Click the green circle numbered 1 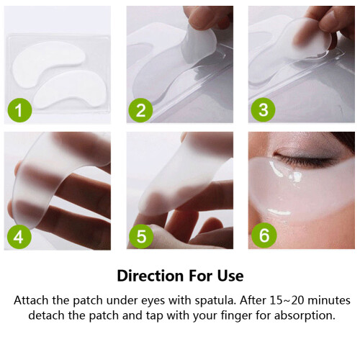(x=19, y=110)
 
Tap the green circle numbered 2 (x=141, y=110)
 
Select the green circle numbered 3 (x=263, y=109)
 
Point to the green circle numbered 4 (x=19, y=237)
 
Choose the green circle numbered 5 (x=141, y=236)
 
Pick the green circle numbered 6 (x=264, y=235)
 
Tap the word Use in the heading (x=230, y=276)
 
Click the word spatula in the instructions (x=215, y=301)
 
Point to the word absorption (x=305, y=316)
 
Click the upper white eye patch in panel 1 (x=48, y=63)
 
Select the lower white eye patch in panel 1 (x=70, y=89)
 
